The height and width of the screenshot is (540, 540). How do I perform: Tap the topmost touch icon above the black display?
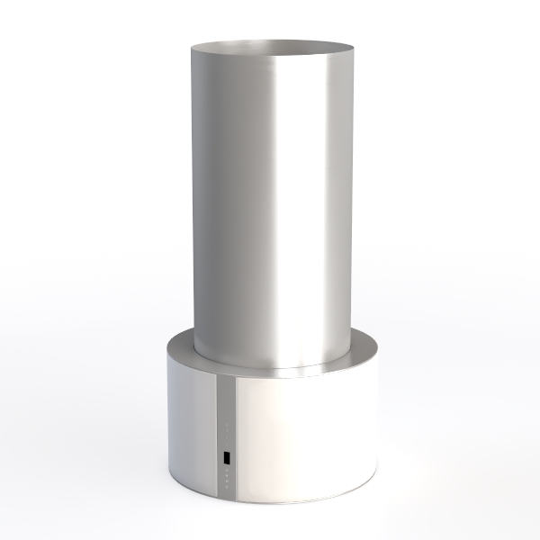click(x=226, y=424)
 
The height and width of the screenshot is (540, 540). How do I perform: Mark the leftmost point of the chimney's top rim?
click(x=191, y=48)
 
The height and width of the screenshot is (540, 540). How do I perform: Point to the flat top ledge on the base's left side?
click(x=180, y=346)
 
